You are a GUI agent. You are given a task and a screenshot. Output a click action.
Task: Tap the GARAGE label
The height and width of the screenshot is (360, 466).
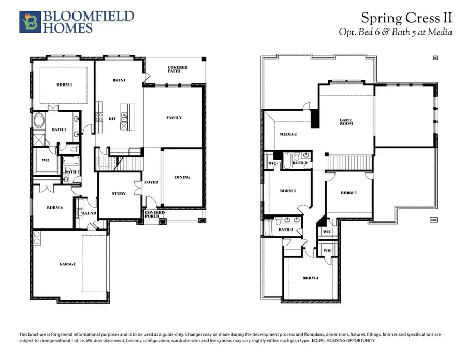[x=67, y=264]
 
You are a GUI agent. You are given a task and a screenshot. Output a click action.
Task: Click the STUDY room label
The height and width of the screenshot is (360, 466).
[x=119, y=193]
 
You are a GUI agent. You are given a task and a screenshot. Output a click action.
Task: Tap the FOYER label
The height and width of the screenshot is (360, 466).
[x=152, y=182]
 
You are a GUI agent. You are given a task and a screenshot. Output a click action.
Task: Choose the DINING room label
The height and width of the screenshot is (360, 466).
[x=182, y=177]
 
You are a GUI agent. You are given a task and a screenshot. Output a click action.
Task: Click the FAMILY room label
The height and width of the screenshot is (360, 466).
[x=174, y=118]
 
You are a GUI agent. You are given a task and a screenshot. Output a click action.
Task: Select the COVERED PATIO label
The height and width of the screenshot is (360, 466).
[x=178, y=69]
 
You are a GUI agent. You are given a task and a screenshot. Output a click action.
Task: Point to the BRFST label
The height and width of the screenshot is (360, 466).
[x=119, y=80]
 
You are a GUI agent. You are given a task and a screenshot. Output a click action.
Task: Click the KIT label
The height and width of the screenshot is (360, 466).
[x=112, y=119]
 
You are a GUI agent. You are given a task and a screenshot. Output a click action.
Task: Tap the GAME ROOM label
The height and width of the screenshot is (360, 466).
[x=346, y=122]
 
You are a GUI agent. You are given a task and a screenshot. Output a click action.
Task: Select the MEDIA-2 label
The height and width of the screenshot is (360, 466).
[x=288, y=134]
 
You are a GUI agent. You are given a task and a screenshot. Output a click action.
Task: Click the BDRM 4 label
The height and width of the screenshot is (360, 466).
[x=311, y=278]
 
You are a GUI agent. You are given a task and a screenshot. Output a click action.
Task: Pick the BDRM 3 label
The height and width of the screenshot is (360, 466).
[x=348, y=193]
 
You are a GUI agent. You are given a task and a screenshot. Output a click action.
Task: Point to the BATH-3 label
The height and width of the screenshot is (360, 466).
[x=286, y=229]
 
